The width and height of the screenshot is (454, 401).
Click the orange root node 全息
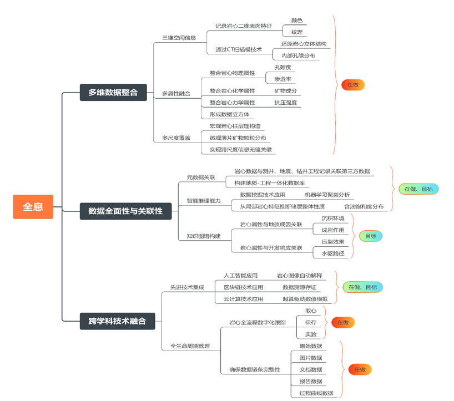click(33, 207)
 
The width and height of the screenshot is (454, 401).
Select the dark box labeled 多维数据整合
click(113, 93)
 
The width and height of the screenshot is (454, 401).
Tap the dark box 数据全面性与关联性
click(125, 211)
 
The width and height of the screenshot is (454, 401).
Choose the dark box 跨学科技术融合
click(117, 321)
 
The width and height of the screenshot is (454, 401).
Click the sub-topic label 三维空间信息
click(179, 38)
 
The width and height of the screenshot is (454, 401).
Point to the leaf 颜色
click(297, 21)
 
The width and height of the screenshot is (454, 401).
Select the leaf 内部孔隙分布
click(298, 55)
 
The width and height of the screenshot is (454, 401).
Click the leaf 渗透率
click(283, 79)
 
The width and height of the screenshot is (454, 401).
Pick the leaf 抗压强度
click(285, 103)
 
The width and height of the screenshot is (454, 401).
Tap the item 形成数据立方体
click(229, 114)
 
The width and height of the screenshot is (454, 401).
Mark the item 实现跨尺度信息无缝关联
click(240, 150)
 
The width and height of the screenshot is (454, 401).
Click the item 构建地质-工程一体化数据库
click(269, 183)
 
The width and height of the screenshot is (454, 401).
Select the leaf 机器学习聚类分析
click(327, 195)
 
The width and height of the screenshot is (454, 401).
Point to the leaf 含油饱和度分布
click(364, 206)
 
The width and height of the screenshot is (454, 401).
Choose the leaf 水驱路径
click(333, 253)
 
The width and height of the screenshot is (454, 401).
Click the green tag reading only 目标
click(370, 236)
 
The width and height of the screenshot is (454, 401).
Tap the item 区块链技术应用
click(243, 287)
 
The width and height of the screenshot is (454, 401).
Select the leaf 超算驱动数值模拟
click(305, 299)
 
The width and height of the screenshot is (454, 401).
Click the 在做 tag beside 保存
click(342, 322)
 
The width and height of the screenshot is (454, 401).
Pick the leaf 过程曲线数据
click(316, 393)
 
